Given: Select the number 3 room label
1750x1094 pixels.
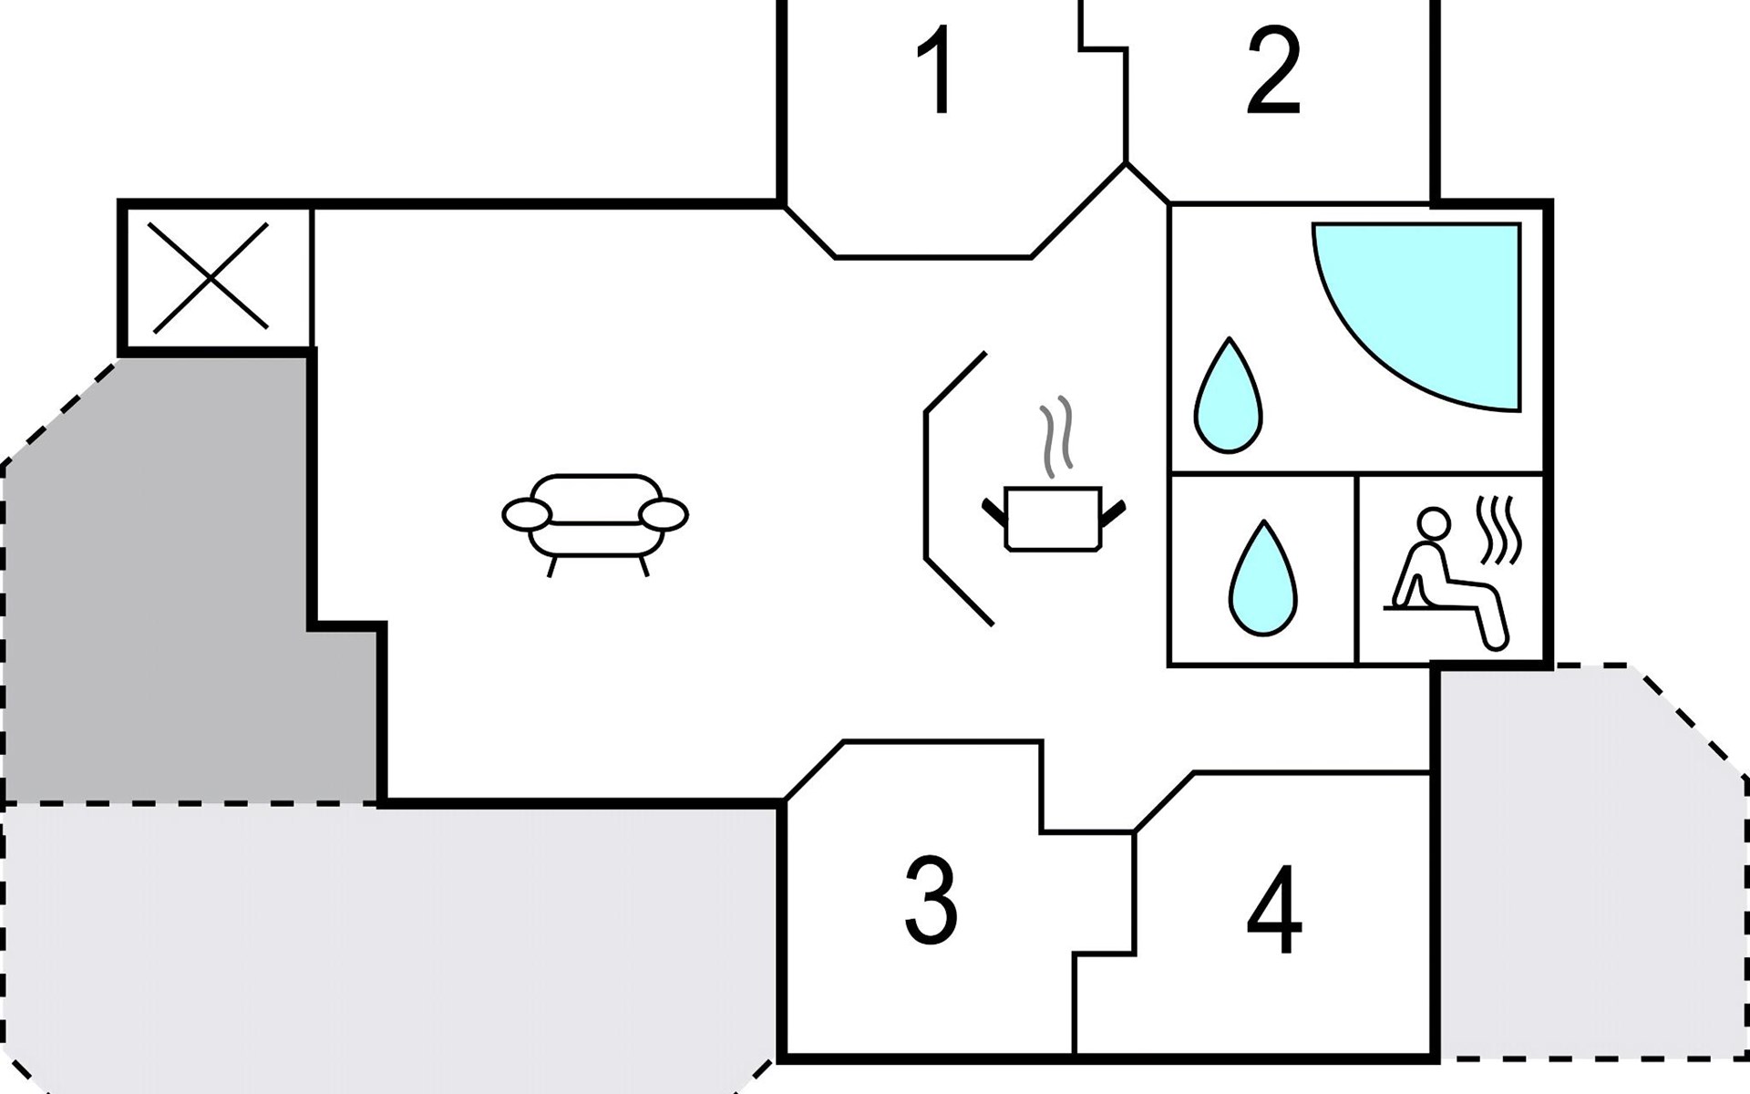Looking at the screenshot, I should (x=931, y=901).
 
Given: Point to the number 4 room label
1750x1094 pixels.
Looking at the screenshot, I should (x=1274, y=910).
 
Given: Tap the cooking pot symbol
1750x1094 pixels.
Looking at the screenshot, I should (x=1053, y=520).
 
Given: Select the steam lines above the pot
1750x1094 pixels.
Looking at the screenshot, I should (x=1057, y=436).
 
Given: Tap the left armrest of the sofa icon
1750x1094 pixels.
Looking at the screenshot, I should (x=527, y=515).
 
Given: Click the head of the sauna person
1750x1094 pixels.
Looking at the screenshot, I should (x=1435, y=523).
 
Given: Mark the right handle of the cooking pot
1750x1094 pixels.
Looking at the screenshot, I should (x=1114, y=512).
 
